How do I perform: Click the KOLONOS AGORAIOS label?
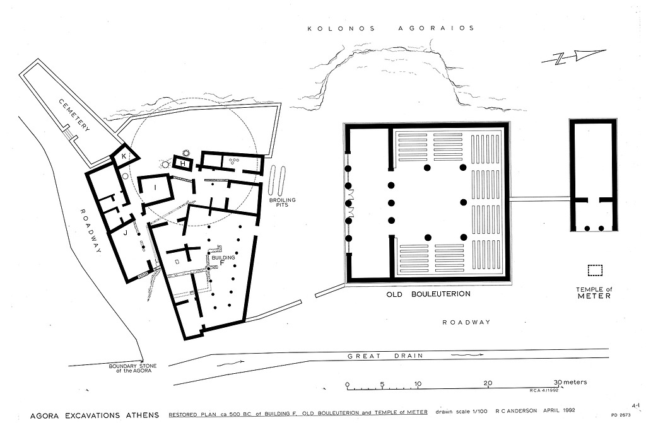(x=391, y=28)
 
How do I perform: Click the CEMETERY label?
(x=74, y=115)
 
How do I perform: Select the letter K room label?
(x=124, y=156)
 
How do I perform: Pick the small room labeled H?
(x=184, y=163)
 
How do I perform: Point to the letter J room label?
(x=124, y=233)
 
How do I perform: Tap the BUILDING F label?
(x=223, y=260)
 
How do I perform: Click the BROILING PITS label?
(x=282, y=202)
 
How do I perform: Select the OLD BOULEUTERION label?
(x=428, y=294)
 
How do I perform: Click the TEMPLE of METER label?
(x=594, y=293)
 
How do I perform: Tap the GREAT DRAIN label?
(x=385, y=356)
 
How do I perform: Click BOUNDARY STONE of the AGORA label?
(x=132, y=368)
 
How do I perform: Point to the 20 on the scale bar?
(x=488, y=383)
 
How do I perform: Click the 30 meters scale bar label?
(x=570, y=382)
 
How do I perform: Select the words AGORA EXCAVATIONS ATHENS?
(x=95, y=415)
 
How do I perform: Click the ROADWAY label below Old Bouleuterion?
(x=466, y=322)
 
